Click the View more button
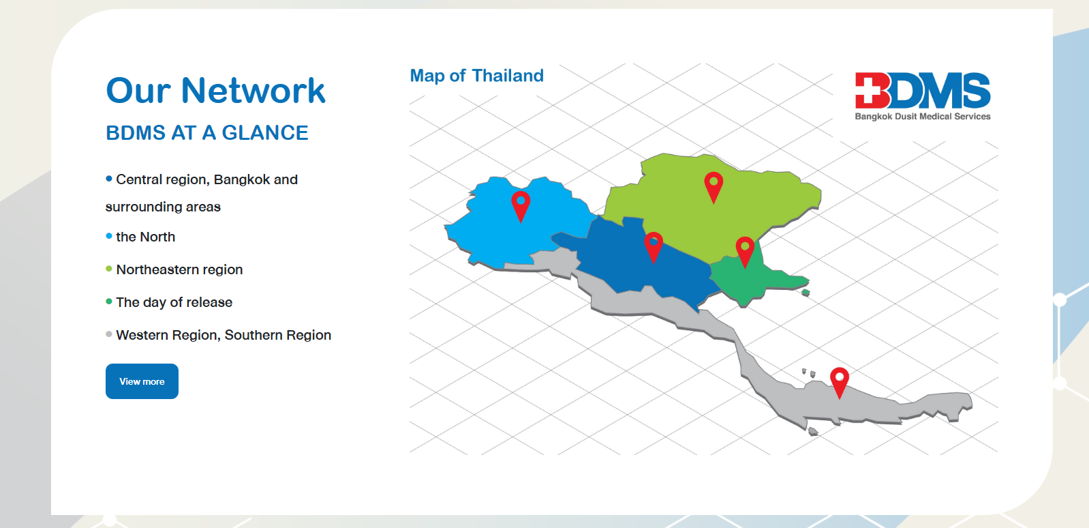coord(142,381)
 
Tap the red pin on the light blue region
coord(521,205)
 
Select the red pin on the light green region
coord(714,186)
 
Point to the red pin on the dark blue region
coord(654,246)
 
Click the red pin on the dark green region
coord(746,251)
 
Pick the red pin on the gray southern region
coord(840,382)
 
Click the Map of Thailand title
coord(476,76)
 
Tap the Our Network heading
coord(215,91)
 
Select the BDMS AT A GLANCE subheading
coord(207,133)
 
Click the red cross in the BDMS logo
coord(872,91)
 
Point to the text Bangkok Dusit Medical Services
coord(923,116)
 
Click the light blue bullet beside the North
coord(109,236)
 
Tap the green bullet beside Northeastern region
coord(109,269)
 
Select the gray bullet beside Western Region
coord(109,334)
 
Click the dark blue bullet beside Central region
coord(109,179)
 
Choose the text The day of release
coord(174,302)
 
